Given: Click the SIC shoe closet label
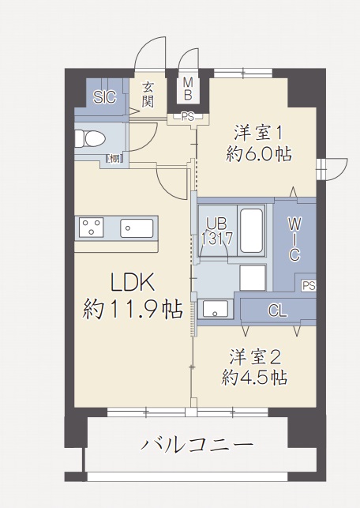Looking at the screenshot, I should coord(104,97).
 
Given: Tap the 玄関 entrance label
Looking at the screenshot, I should coord(148,95).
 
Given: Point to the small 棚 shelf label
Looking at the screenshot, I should coord(114,159).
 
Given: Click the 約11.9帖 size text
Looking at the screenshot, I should coord(132,309).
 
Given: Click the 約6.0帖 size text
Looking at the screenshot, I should coord(257,154).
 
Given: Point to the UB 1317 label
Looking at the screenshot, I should coord(215,230).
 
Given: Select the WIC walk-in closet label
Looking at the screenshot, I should coord(293,236).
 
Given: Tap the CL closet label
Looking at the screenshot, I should coord(276,310).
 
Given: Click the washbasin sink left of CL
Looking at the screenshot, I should coord(216,308).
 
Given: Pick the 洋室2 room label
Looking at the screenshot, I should coord(254,356).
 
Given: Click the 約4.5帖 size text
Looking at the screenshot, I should coord(254,378).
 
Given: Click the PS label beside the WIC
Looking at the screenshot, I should coord(308,285).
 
